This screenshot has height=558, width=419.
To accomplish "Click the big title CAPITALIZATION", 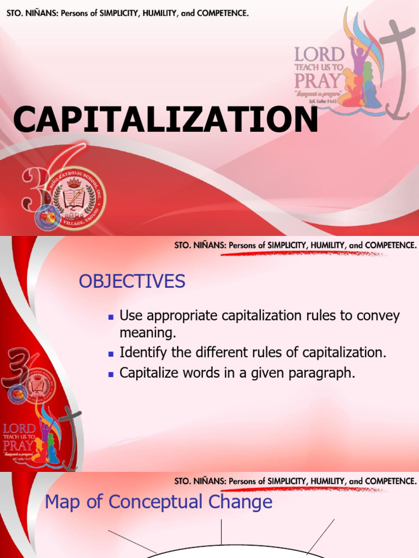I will tap(165, 119).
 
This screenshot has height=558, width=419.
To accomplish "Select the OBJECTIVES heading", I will tap(132, 282).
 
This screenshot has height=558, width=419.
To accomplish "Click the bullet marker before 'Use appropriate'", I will tap(110, 317).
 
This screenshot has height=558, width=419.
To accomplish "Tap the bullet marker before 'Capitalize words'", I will tap(110, 374).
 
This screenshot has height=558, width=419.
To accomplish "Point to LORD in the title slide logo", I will tap(320, 54).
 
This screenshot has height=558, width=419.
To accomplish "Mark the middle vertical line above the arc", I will tap(221, 532).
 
